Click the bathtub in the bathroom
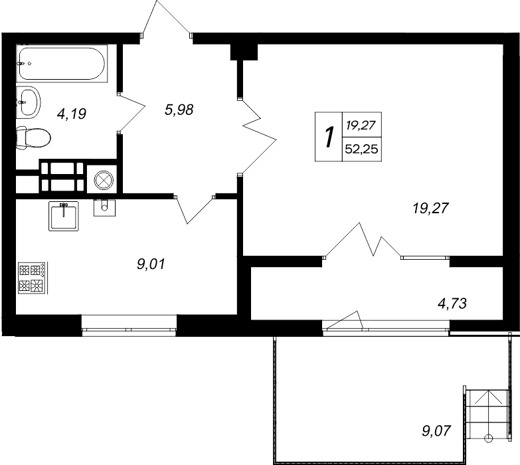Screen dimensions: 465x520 [x=61, y=64]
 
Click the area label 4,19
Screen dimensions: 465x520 [x=72, y=114]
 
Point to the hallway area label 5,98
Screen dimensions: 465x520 [x=179, y=110]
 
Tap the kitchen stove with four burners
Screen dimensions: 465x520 [x=32, y=278]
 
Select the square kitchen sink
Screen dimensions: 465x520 [x=64, y=215]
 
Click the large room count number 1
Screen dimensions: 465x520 [x=328, y=137]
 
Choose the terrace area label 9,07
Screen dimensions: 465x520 [x=436, y=431]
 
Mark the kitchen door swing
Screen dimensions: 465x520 [x=193, y=209]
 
